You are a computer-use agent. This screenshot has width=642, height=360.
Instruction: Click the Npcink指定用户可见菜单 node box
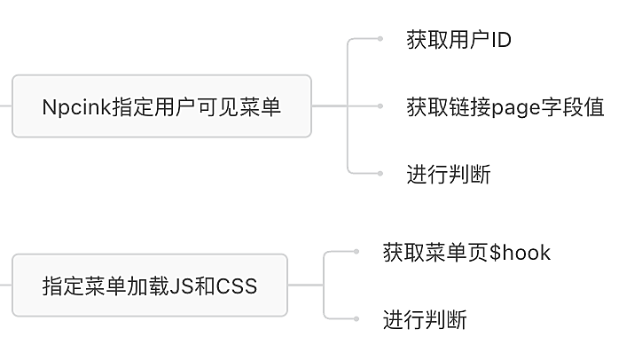[161, 106]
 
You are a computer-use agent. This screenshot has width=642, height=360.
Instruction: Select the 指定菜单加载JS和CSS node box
[149, 286]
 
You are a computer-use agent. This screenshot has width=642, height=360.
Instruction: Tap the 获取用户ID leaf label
[458, 40]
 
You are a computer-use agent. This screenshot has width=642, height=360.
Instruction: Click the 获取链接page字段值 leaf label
[505, 107]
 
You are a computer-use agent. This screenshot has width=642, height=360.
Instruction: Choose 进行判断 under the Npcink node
[448, 174]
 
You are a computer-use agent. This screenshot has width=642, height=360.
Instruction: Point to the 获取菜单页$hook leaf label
[466, 253]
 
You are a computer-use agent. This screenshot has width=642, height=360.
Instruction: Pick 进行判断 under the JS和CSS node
[424, 319]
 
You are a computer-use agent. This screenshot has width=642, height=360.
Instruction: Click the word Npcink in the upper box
[72, 107]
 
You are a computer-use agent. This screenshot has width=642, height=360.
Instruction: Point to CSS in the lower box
[239, 286]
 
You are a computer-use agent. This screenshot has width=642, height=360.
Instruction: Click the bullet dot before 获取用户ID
[380, 39]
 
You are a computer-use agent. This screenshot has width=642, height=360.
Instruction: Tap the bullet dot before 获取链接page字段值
[380, 106]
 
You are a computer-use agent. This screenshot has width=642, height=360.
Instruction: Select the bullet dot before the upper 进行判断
[380, 174]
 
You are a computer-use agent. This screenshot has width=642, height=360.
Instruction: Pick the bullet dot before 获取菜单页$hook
[356, 252]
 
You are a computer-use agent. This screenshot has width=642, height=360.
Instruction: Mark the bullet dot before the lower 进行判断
[356, 318]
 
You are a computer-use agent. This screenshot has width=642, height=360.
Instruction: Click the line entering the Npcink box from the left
[5, 106]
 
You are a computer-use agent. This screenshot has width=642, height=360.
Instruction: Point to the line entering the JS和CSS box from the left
[5, 286]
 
